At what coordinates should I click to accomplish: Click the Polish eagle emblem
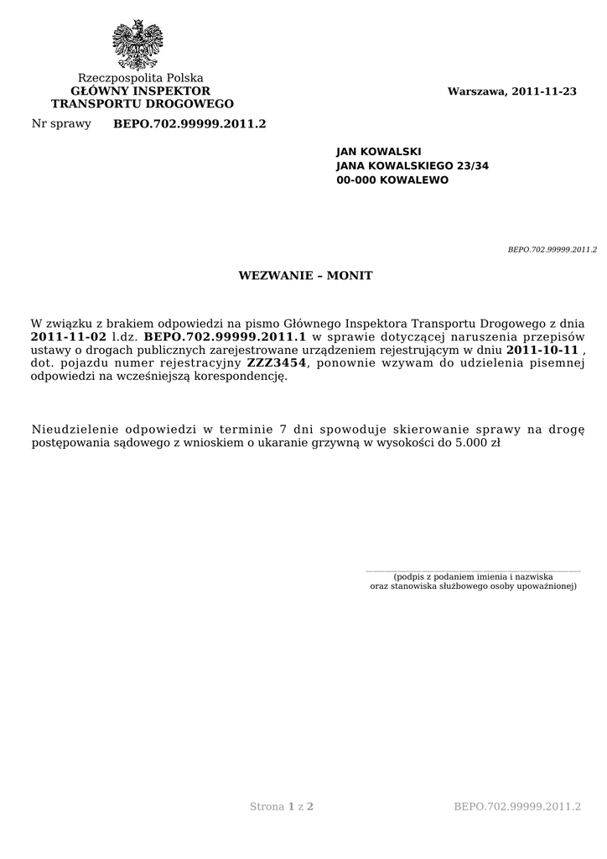(x=137, y=44)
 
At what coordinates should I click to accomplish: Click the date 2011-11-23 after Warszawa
(x=544, y=91)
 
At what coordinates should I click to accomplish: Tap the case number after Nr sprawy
(x=189, y=124)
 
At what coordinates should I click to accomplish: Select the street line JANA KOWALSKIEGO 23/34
(x=412, y=166)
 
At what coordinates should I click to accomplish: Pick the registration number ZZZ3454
(x=277, y=363)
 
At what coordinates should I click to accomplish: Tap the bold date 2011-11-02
(x=69, y=336)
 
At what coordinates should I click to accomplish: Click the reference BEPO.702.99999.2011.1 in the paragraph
(x=226, y=336)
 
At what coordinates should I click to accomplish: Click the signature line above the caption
(x=473, y=570)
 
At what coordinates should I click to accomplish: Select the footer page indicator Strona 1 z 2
(x=282, y=807)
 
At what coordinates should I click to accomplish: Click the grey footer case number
(x=517, y=807)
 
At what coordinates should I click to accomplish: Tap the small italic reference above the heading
(x=553, y=249)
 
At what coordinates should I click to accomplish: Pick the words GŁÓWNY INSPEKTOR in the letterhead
(x=141, y=91)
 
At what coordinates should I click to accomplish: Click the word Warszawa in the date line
(x=476, y=91)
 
